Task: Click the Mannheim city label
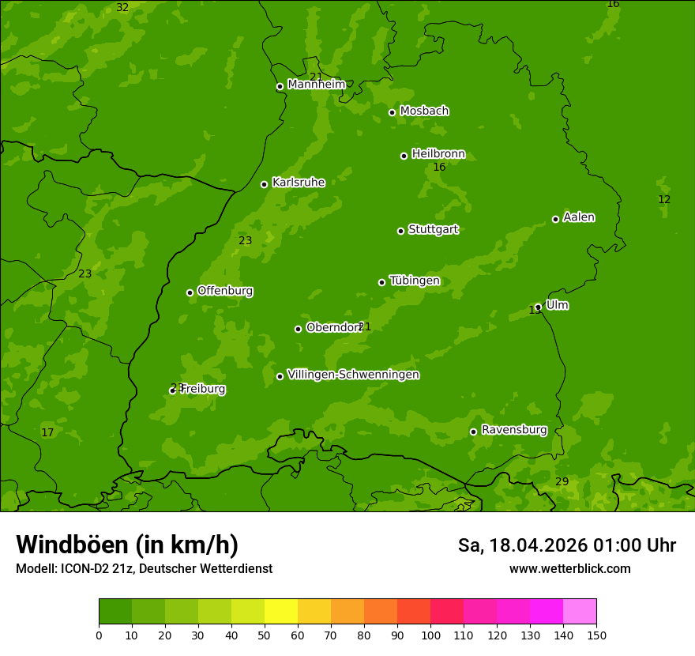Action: (x=316, y=85)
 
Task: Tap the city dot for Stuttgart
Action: (x=400, y=231)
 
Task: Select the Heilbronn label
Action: (x=438, y=154)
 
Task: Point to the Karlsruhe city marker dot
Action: (x=264, y=184)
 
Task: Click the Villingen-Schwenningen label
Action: (x=353, y=375)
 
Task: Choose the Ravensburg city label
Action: (x=514, y=430)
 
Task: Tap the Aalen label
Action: (x=579, y=217)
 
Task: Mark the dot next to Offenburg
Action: (x=190, y=292)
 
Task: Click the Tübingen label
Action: (x=415, y=281)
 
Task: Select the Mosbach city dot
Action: (x=392, y=112)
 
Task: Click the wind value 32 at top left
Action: (x=122, y=7)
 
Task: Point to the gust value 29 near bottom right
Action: (x=562, y=481)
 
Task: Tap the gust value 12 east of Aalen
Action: (x=664, y=199)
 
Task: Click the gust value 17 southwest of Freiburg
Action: (x=47, y=432)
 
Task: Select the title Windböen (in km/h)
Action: (x=127, y=545)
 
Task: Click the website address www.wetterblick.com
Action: (x=569, y=569)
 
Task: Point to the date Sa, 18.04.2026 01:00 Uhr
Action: (x=566, y=545)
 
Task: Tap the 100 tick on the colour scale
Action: (x=430, y=635)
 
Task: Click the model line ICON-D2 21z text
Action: (x=144, y=569)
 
